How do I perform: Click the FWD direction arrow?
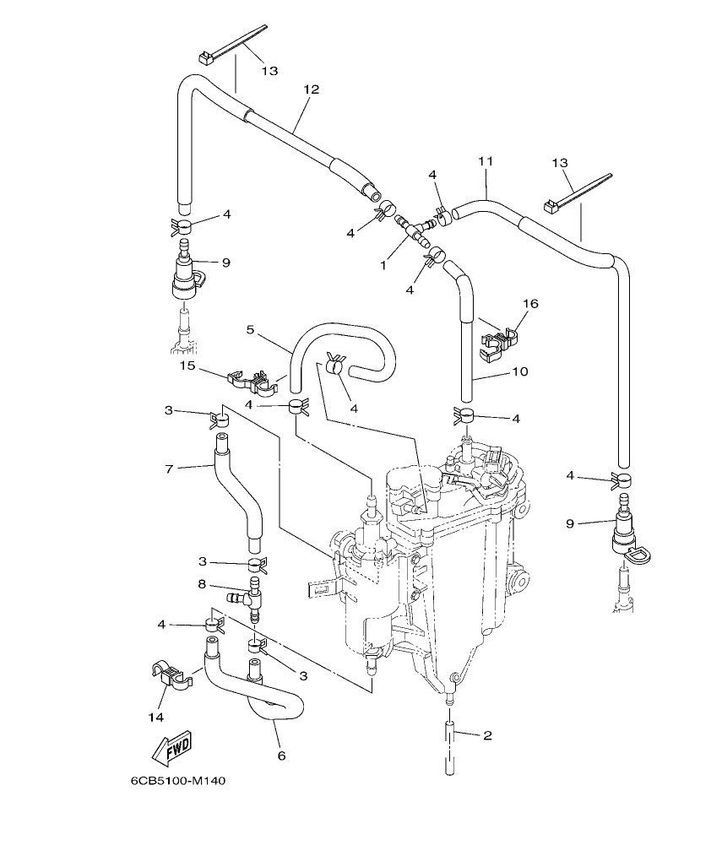tap(171, 747)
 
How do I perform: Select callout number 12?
tap(312, 89)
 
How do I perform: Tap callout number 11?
tap(485, 160)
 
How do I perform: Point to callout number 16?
tap(529, 303)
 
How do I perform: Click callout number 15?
tap(187, 365)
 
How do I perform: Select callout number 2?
tap(487, 735)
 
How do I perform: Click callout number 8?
tap(202, 583)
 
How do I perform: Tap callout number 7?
tap(170, 467)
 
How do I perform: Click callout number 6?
tap(281, 756)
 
